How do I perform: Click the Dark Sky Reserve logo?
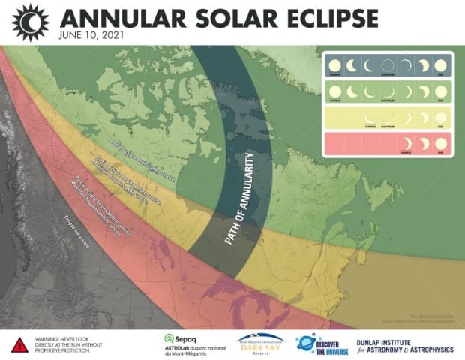pyautogui.click(x=259, y=344)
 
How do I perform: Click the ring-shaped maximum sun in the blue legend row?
pyautogui.click(x=386, y=64)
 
